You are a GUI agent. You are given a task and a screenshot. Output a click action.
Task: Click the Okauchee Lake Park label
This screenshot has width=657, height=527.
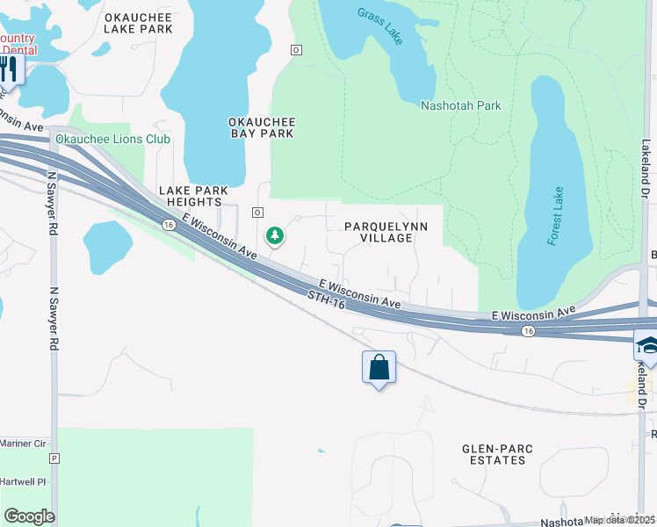coord(138,23)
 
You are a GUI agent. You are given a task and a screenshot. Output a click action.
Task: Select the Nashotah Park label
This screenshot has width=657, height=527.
coord(460,105)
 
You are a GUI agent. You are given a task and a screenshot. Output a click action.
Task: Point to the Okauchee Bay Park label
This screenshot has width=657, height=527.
coord(261,127)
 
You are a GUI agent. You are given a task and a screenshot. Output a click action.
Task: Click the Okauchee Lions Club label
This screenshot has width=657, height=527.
coord(112,139)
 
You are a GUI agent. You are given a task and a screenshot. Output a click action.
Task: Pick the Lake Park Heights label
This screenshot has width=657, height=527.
coord(193,196)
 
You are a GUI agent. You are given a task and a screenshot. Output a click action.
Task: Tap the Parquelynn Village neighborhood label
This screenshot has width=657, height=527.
coord(386,232)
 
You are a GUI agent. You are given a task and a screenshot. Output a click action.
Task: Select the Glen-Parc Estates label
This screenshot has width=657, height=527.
coord(497,454)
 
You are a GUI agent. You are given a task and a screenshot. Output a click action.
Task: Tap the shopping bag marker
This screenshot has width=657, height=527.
coord(379,366)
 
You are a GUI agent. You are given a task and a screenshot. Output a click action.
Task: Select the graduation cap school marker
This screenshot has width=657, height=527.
coord(646,344)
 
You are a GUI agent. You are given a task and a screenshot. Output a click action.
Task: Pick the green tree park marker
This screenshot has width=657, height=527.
coord(275,235)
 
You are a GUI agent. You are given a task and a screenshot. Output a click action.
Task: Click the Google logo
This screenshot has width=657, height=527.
coord(29,516)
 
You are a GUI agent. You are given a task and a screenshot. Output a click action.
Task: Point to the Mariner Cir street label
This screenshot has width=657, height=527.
coord(23,444)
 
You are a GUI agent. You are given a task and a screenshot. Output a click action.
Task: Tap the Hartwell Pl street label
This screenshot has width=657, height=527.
coord(23,482)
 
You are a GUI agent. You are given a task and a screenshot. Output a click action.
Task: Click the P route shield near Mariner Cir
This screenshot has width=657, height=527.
coord(54,458)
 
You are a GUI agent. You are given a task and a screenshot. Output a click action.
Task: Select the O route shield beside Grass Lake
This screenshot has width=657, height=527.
coord(296,50)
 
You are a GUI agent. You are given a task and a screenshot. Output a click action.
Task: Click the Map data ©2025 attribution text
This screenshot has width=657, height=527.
coord(619,520)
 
